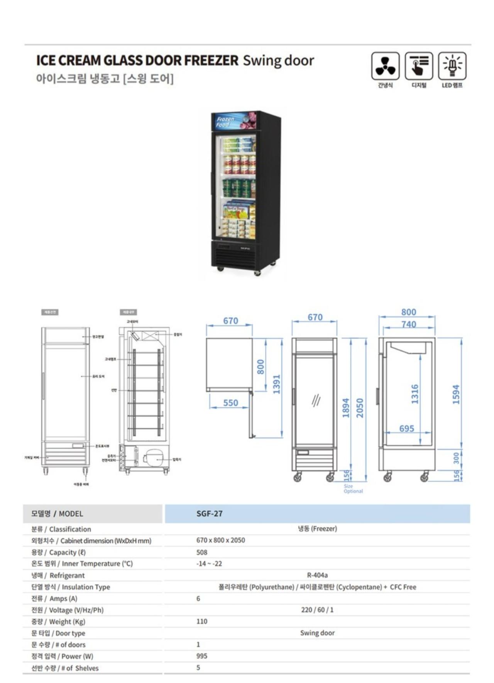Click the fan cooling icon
385,66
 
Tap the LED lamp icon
452,66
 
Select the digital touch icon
419,66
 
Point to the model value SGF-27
209,514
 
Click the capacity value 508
201,552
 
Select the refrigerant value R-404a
317,575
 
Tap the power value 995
201,656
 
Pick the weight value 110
201,621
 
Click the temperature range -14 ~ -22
209,564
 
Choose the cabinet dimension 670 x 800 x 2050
220,540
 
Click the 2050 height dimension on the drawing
360,408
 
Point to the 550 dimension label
230,403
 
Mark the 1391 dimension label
276,384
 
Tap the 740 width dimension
408,325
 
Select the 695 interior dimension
406,428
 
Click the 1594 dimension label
456,394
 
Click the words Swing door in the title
278,61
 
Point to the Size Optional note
353,489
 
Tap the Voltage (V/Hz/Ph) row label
68,610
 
